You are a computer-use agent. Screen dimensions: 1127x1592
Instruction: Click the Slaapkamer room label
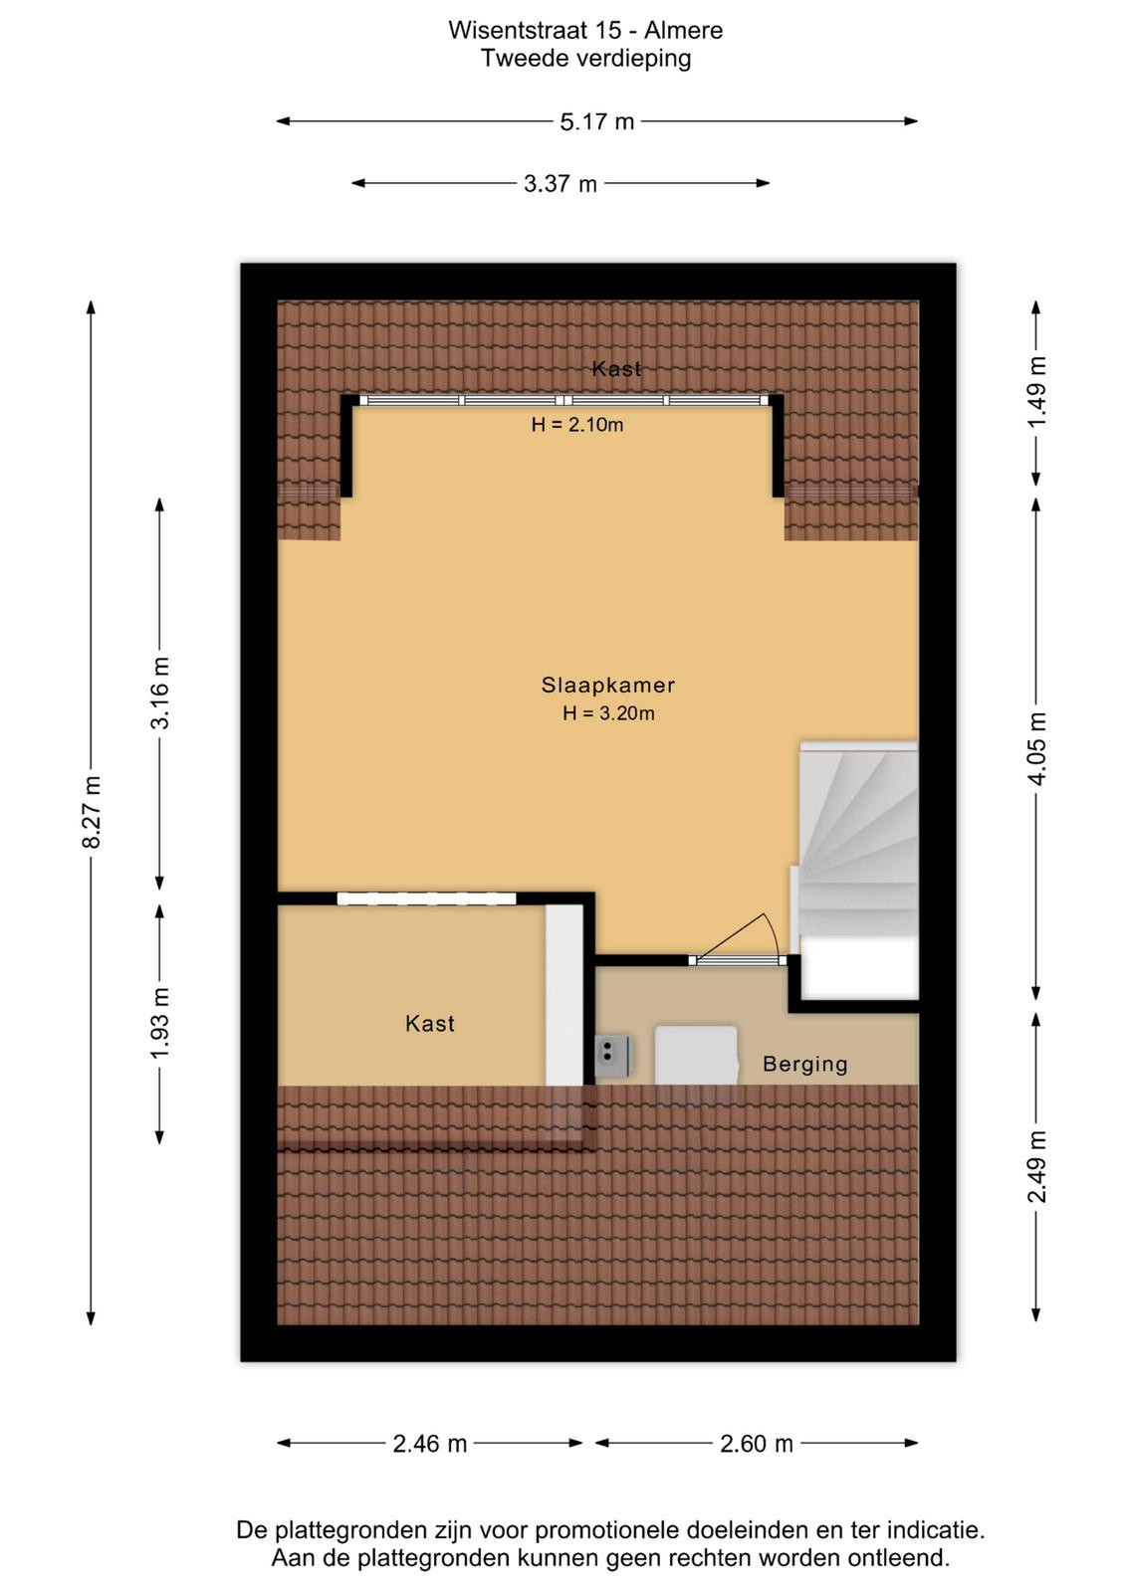[607, 686]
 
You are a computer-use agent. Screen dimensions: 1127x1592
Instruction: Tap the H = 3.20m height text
[608, 712]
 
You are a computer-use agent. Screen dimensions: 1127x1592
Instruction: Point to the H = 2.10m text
[576, 425]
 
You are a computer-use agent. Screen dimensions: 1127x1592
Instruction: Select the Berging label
[804, 1064]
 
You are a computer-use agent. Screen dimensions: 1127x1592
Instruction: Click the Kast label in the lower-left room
[429, 1024]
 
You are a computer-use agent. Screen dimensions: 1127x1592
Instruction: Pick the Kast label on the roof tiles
[616, 368]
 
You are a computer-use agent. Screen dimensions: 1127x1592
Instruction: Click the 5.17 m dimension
[596, 122]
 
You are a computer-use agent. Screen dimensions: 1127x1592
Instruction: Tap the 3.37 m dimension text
[561, 184]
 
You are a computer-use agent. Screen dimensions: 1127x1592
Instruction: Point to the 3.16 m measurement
[160, 693]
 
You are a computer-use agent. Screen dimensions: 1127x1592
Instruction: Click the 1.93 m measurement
[160, 1023]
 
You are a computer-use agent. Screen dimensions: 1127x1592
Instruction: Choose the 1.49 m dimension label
[1036, 392]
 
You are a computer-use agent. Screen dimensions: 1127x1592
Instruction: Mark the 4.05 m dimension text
[1036, 748]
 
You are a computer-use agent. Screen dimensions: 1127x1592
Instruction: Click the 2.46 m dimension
[429, 1444]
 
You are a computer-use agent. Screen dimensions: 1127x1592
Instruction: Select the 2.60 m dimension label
[756, 1444]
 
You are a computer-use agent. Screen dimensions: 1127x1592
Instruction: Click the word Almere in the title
[683, 31]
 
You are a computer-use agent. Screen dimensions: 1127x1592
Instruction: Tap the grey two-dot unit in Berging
[612, 1056]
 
